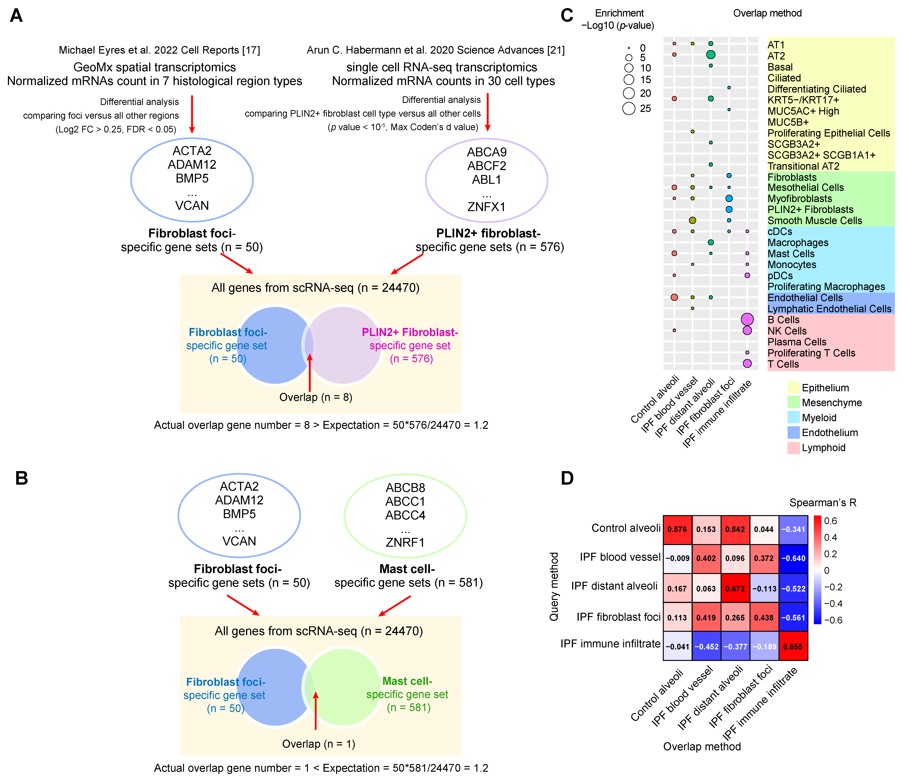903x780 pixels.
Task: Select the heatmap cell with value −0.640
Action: pyautogui.click(x=793, y=558)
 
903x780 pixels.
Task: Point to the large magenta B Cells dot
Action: pyautogui.click(x=747, y=319)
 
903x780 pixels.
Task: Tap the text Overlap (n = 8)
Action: pyautogui.click(x=316, y=397)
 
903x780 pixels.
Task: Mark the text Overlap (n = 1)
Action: pyautogui.click(x=319, y=744)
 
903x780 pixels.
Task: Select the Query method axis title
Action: pyautogui.click(x=554, y=586)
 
